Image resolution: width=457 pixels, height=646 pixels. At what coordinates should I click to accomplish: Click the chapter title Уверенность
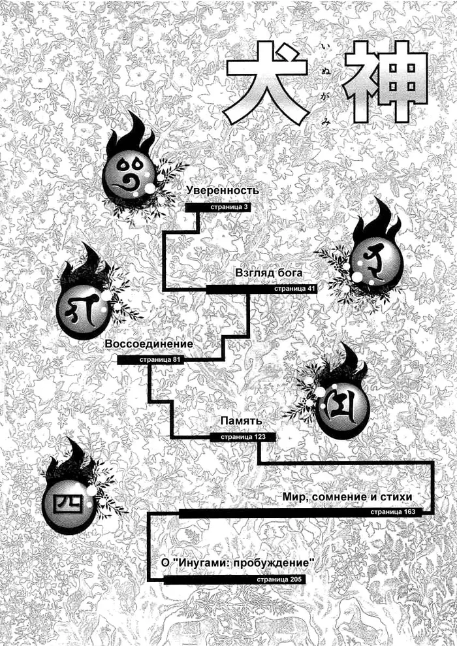[x=223, y=191]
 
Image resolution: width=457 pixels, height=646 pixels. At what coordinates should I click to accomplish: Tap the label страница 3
[x=230, y=207]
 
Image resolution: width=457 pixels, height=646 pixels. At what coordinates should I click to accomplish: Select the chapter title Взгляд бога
[x=269, y=273]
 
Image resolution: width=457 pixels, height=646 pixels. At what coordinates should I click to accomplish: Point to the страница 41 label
[x=295, y=289]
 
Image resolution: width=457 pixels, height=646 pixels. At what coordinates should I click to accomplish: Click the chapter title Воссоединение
[x=149, y=344]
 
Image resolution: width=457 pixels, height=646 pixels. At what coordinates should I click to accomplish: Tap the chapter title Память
[x=242, y=421]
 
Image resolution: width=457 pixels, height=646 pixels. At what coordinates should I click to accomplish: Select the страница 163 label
[x=393, y=512]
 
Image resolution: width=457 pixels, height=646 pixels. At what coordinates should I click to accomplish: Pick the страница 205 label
[x=279, y=579]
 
